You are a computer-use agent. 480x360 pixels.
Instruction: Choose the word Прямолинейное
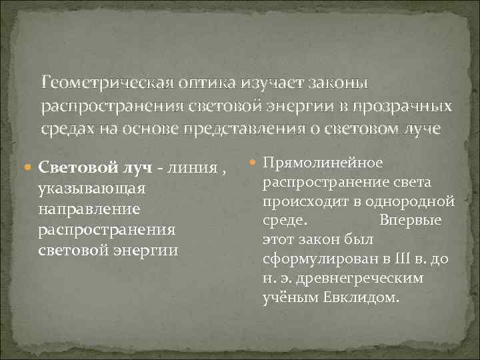point(323,163)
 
